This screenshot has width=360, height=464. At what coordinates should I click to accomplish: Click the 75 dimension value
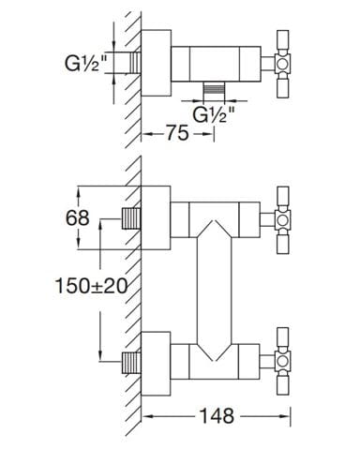click(177, 133)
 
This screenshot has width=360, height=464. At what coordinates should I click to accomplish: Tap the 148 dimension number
click(217, 416)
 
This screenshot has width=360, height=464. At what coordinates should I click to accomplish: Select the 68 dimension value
click(77, 217)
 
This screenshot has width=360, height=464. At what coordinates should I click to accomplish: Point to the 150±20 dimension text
click(91, 286)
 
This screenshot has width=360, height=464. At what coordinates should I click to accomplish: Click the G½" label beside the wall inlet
click(85, 64)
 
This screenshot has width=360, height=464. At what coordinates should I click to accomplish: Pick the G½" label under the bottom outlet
click(214, 114)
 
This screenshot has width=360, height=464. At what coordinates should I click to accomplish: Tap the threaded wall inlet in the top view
click(136, 63)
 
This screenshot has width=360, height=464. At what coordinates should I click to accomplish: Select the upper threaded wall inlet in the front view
click(131, 218)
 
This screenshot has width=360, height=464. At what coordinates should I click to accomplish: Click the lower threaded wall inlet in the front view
click(131, 363)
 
